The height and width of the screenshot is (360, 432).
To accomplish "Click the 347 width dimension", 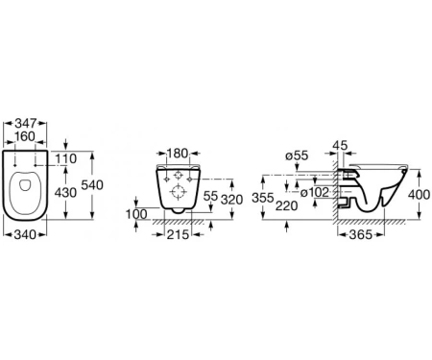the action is [26, 123].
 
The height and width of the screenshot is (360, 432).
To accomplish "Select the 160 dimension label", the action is [25, 136].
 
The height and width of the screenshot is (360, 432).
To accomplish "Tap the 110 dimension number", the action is [66, 158].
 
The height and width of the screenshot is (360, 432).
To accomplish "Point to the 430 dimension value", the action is [65, 193].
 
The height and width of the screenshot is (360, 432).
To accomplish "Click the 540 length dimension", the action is [92, 185].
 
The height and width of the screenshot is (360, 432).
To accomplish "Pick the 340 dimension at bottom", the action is [25, 235].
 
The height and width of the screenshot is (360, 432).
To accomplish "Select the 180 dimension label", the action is [178, 154].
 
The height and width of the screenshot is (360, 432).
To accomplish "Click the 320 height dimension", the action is [232, 200].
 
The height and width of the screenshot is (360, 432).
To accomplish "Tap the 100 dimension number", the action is [136, 214].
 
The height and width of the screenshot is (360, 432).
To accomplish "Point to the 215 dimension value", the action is [178, 235].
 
